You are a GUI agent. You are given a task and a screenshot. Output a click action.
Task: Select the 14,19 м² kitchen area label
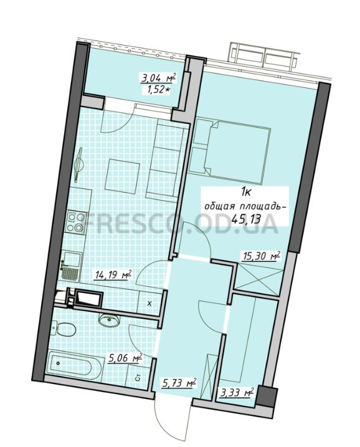click(x=113, y=275)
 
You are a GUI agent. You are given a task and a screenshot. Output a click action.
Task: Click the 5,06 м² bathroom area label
click(x=125, y=358)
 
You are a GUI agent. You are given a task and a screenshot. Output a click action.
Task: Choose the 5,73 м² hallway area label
click(x=179, y=383)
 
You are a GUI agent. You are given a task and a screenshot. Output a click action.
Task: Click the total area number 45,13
click(x=243, y=219)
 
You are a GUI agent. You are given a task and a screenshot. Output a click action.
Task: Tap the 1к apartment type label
click(x=245, y=193)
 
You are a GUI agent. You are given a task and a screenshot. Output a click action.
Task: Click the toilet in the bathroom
click(x=65, y=330)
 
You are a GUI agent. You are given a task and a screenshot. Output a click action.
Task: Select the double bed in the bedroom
click(x=230, y=150)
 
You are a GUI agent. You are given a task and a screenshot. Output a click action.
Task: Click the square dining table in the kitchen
click(x=122, y=176)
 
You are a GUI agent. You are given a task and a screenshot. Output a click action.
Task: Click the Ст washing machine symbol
click(x=138, y=378)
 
